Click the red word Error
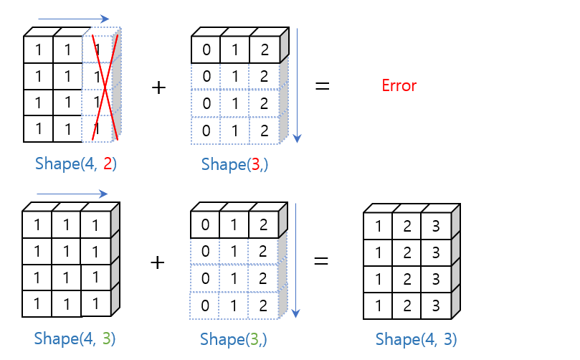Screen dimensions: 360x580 pyautogui.click(x=399, y=86)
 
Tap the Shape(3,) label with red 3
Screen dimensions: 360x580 pyautogui.click(x=234, y=164)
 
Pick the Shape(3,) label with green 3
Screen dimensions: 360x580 pyautogui.click(x=234, y=338)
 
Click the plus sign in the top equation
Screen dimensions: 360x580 pyautogui.click(x=158, y=87)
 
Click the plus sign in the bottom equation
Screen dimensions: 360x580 pyautogui.click(x=157, y=262)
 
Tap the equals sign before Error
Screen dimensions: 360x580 pyautogui.click(x=323, y=87)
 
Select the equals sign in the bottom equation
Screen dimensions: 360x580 pyautogui.click(x=321, y=262)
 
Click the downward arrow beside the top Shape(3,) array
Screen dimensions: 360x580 pyautogui.click(x=298, y=86)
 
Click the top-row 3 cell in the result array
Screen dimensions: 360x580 pyautogui.click(x=434, y=227)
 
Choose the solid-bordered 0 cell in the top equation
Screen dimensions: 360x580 pyautogui.click(x=206, y=50)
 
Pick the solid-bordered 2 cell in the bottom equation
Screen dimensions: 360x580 pyautogui.click(x=262, y=225)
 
